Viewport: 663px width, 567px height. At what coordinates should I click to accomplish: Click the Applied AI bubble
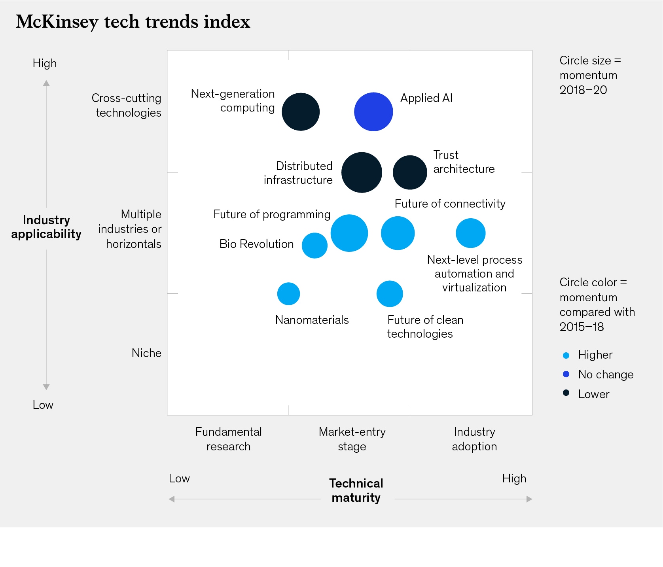click(373, 112)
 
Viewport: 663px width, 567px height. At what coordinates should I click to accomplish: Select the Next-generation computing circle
click(301, 112)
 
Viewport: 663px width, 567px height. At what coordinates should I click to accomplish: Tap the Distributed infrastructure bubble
click(362, 172)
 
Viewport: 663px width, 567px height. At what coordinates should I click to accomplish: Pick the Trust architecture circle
click(410, 172)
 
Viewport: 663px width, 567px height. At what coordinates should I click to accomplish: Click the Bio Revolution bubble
click(314, 246)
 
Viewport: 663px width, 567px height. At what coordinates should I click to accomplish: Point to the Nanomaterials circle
click(288, 294)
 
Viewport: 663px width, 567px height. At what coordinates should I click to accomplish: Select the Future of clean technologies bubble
click(390, 294)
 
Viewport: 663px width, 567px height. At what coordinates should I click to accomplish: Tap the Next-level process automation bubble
click(470, 233)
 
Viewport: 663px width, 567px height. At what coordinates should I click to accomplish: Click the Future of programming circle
click(349, 233)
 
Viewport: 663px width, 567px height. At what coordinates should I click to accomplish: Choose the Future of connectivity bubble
click(398, 233)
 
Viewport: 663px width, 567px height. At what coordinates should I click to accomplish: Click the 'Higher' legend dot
click(566, 355)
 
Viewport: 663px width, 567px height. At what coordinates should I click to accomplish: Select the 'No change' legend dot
click(566, 374)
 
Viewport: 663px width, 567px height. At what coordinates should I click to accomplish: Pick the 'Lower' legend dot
click(566, 393)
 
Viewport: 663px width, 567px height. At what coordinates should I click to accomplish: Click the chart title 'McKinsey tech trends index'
click(133, 21)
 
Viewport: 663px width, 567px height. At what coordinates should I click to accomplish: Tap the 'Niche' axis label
click(146, 353)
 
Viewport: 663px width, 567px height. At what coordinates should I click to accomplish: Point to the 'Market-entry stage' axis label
click(352, 439)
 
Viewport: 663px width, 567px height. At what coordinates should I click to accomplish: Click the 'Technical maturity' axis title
click(356, 490)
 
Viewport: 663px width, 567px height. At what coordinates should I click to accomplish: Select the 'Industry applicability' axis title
click(46, 227)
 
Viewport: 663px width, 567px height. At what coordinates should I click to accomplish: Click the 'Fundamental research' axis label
click(228, 439)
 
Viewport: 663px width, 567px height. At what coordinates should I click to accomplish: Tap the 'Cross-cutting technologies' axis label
click(127, 105)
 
